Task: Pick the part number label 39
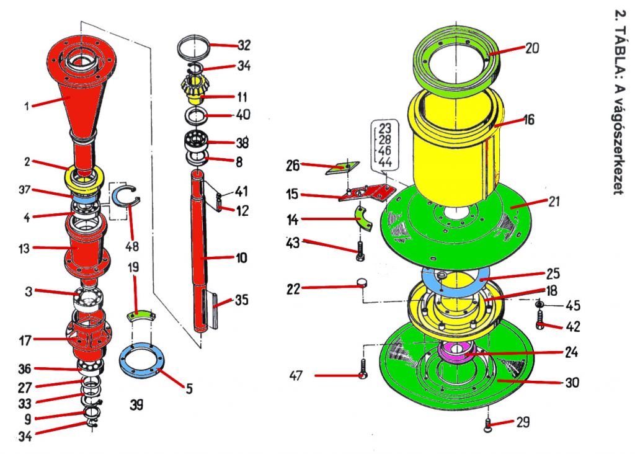[136, 405]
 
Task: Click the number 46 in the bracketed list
[385, 151]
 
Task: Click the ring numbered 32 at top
[194, 46]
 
